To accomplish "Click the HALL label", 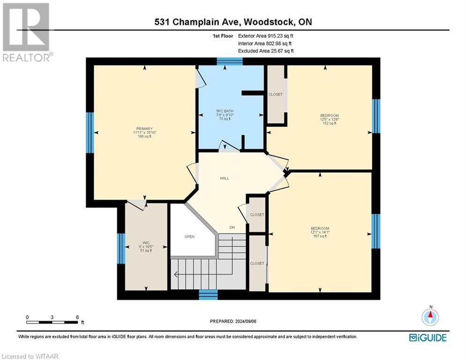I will click(224, 178).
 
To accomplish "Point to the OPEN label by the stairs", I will click(189, 236).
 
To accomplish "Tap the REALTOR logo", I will click(26, 32).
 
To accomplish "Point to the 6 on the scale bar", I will click(76, 317).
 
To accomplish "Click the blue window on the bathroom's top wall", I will click(229, 61).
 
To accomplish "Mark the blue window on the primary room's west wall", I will click(90, 132).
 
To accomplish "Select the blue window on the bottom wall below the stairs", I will click(208, 294).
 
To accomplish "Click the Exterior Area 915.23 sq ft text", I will click(267, 36).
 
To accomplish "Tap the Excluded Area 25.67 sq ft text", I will click(266, 51).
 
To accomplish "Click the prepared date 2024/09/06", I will click(233, 321).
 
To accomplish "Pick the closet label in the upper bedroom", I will click(275, 94).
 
